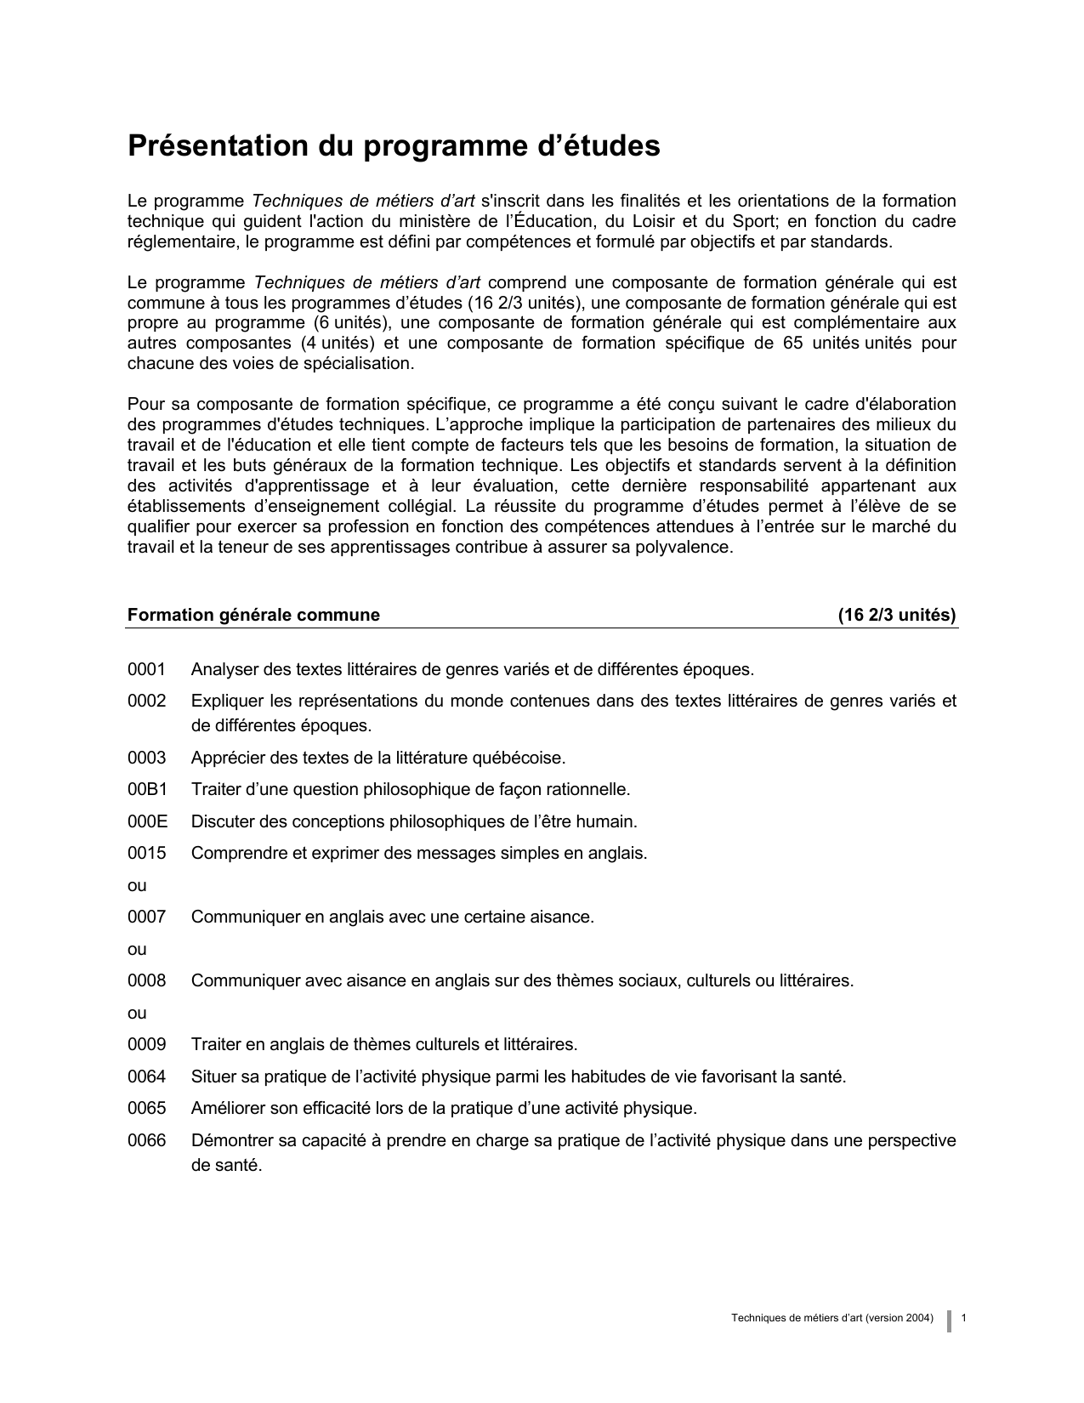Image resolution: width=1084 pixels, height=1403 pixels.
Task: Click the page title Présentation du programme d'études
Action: click(x=394, y=146)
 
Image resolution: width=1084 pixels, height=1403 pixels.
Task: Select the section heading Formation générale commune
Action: click(x=253, y=615)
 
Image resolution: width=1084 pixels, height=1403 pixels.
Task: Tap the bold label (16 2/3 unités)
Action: click(x=897, y=615)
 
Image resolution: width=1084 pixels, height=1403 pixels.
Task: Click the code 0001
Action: click(x=146, y=669)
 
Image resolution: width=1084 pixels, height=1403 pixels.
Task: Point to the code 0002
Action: click(x=146, y=701)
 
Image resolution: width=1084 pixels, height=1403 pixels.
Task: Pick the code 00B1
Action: click(x=147, y=789)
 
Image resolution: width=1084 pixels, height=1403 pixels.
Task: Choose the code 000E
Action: click(x=147, y=821)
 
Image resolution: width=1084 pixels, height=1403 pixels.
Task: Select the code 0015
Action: click(x=146, y=853)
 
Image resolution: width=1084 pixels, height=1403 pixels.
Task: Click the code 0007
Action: click(x=146, y=917)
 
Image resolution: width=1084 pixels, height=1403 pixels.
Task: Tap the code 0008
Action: click(x=146, y=980)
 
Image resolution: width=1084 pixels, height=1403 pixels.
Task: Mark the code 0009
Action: click(x=146, y=1044)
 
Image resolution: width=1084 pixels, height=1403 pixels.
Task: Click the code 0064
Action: click(x=146, y=1076)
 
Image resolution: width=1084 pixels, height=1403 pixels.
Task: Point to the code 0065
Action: click(x=146, y=1109)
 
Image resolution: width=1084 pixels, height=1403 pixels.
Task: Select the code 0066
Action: click(x=146, y=1140)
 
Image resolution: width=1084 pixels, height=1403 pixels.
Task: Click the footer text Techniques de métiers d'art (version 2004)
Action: click(x=831, y=1318)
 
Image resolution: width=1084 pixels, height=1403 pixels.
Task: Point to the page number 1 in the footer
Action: click(x=964, y=1318)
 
